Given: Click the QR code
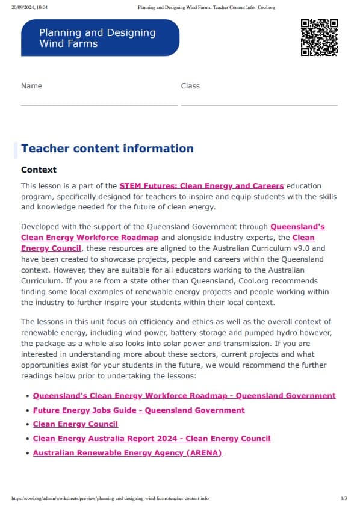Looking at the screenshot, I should pos(319,37).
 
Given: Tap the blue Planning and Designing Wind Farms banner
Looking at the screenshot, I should pos(100,37).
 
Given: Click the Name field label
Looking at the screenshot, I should pos(31,86).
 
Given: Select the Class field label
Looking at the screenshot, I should pos(190,86).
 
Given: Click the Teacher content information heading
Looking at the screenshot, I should pos(107,149).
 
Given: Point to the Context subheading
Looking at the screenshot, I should pos(39,170).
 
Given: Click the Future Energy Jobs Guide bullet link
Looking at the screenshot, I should pos(138,410).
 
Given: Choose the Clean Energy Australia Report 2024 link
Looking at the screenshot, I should pos(152,439).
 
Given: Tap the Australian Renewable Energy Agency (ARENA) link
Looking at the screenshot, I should pos(127,453).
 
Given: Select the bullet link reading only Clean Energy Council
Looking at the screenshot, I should pos(75,424).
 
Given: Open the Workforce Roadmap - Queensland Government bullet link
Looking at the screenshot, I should pos(184,396).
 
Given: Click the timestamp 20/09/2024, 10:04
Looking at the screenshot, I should pos(29,7).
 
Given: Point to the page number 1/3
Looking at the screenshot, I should pos(344,499).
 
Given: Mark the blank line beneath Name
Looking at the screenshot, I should pos(99,105).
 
